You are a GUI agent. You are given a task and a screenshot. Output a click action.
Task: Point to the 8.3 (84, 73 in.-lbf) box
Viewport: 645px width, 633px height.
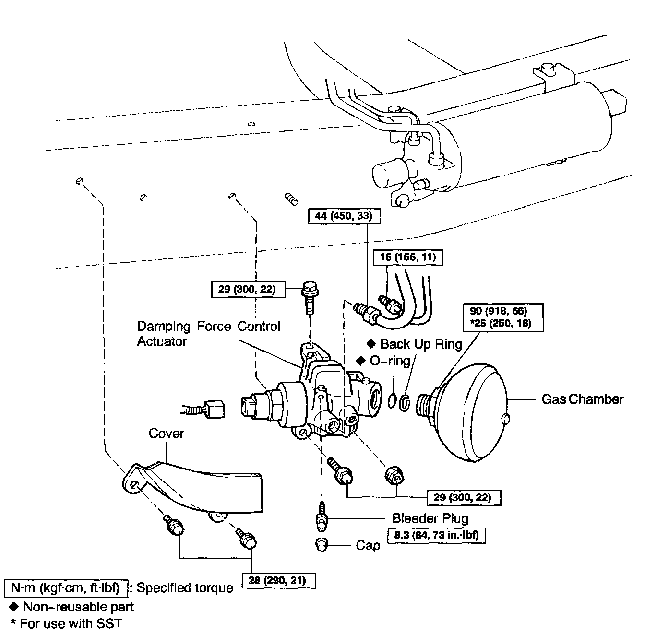point(436,535)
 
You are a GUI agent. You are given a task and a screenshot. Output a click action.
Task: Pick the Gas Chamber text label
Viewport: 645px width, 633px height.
point(583,399)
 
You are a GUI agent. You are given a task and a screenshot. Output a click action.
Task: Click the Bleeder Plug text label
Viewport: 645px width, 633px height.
point(430,518)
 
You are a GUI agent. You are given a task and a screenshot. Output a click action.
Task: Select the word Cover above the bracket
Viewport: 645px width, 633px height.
point(166,434)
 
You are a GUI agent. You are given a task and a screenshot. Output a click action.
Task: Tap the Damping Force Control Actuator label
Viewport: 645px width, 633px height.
point(208,334)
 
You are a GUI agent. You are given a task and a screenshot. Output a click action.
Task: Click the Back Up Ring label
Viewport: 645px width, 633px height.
point(421,344)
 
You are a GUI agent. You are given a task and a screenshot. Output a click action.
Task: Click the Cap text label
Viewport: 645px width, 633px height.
point(368,546)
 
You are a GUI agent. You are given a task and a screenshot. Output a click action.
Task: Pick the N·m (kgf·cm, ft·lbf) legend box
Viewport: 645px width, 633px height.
point(66,587)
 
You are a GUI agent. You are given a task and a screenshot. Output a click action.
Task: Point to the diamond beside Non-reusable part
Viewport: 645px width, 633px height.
point(13,607)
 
